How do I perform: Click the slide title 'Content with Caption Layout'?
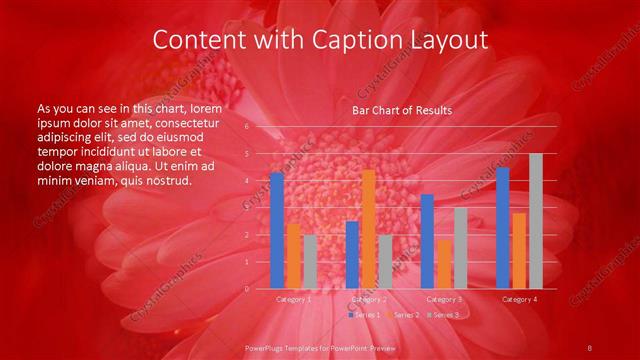pos(320,39)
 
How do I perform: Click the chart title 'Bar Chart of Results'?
pos(401,110)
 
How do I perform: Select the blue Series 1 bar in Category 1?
pos(277,230)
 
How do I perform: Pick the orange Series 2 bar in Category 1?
pos(293,255)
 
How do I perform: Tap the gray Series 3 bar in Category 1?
pos(309,261)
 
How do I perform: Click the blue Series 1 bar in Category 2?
pos(352,254)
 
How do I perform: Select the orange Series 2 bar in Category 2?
pos(368,229)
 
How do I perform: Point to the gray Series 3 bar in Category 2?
pos(385,261)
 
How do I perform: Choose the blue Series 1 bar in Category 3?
pos(427,241)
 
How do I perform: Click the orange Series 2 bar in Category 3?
pos(443,263)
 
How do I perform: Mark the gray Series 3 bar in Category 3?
pos(460,248)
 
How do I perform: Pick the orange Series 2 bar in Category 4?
pos(518,250)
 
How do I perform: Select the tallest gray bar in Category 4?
pos(535,221)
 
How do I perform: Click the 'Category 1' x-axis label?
pos(293,299)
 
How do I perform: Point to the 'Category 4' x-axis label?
pos(519,299)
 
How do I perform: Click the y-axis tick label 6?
pos(246,127)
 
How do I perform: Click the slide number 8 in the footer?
pos(589,346)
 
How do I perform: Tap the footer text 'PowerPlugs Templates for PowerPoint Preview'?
pos(320,346)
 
